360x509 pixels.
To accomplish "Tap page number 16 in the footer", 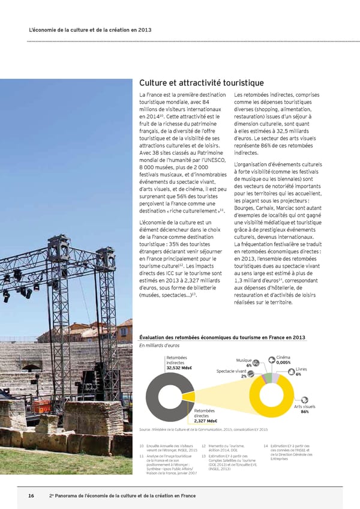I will tap(31, 496).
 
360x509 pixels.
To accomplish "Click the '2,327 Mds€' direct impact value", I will tap(206, 420).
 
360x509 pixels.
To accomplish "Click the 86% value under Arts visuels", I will tap(304, 412).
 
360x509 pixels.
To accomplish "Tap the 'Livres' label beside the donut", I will tap(301, 369).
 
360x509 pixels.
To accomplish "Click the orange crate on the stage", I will tap(41, 407).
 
